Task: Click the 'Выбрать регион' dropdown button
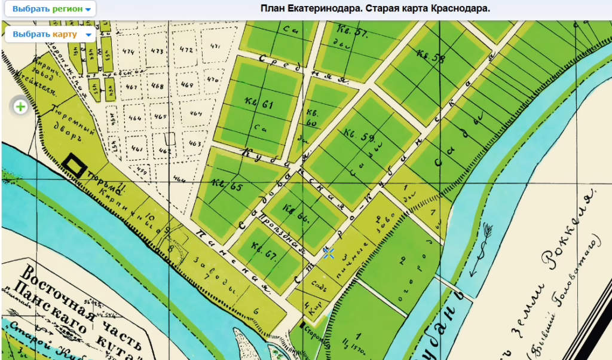(x=51, y=10)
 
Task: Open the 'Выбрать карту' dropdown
(x=51, y=34)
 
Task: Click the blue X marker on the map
(x=328, y=252)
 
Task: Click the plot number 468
(x=157, y=86)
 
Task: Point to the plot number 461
(x=137, y=148)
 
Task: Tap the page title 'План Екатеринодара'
(x=375, y=9)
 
